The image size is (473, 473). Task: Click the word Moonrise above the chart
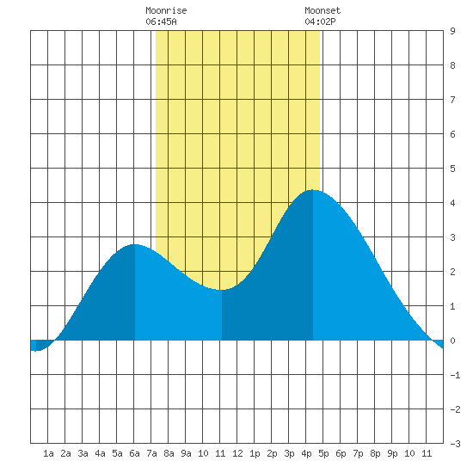tap(166, 10)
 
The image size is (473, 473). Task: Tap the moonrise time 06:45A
tap(161, 21)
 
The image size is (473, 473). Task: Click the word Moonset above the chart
tap(322, 10)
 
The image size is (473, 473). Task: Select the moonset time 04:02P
tap(320, 21)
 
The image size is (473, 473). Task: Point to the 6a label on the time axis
tap(134, 453)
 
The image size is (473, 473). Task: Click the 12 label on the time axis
tap(237, 453)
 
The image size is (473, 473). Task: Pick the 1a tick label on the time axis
tap(48, 453)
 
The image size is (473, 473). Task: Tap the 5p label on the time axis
tap(323, 453)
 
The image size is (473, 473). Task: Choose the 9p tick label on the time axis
tap(392, 453)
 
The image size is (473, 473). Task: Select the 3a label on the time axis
tap(83, 453)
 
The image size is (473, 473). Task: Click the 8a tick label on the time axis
tap(169, 453)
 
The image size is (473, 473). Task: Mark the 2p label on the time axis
tap(272, 453)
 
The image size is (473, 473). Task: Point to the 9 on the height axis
tap(452, 31)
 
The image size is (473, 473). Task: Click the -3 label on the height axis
tap(455, 444)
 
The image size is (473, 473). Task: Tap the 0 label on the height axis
tap(452, 341)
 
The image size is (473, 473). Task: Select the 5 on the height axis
tap(452, 169)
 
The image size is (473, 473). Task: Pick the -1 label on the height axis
tap(455, 375)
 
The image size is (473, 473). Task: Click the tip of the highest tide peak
tap(313, 190)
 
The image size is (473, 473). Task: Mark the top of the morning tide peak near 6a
tap(135, 244)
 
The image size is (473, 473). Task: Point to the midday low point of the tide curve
tap(222, 290)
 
